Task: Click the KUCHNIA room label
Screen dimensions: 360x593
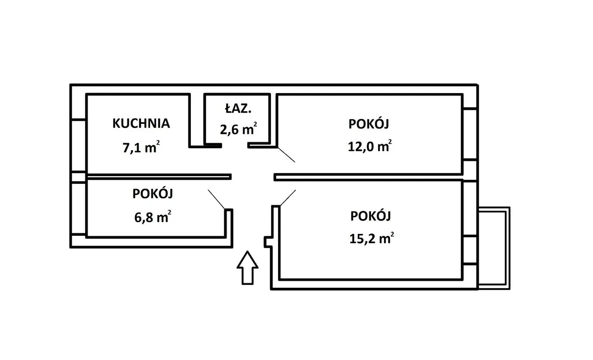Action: click(141, 123)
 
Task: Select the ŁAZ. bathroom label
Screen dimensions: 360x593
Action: click(238, 109)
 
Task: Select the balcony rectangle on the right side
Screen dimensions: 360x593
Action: click(494, 248)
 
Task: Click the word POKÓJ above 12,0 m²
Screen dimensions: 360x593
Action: click(369, 124)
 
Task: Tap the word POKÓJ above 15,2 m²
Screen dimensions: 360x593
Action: click(371, 216)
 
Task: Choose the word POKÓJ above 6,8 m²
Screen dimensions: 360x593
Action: click(152, 194)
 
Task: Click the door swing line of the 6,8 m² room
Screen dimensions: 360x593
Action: click(217, 199)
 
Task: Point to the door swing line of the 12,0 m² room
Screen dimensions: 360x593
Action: click(286, 154)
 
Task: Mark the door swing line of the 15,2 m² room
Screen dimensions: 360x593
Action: click(287, 198)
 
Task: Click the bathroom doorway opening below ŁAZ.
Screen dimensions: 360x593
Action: click(234, 146)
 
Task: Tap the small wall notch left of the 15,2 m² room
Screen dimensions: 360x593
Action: click(267, 242)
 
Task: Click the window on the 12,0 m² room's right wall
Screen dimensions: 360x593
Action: click(470, 134)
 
